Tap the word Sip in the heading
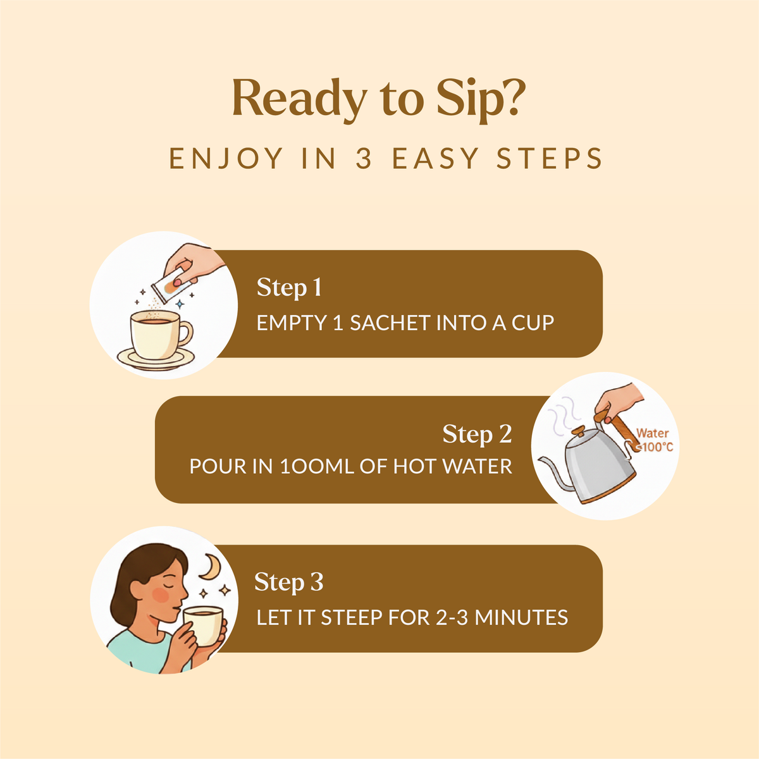point(464,101)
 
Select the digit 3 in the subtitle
point(364,158)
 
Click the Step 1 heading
point(289,288)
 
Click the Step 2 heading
point(477,434)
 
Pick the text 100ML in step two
point(316,466)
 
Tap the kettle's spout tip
point(540,460)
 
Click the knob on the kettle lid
point(579,431)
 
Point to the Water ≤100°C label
point(654,440)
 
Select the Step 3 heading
point(288,582)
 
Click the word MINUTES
point(521,617)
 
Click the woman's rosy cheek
point(160,595)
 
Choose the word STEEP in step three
point(351,617)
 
